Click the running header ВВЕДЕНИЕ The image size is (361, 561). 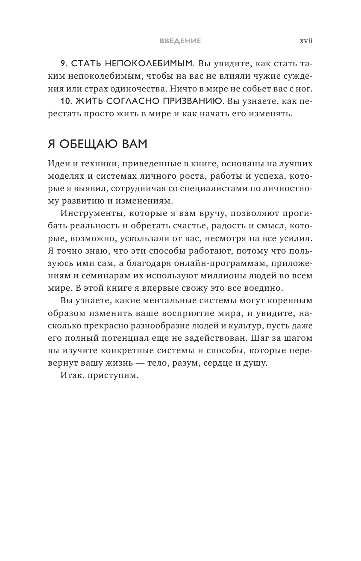[180, 41]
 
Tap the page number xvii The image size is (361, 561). [306, 41]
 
